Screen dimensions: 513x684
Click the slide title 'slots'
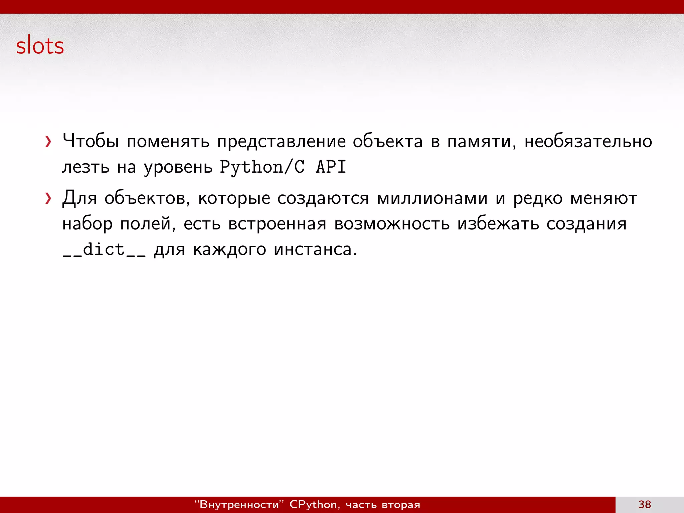pyautogui.click(x=40, y=45)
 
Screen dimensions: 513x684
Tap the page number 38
pyautogui.click(x=645, y=504)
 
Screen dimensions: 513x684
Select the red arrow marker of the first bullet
pyautogui.click(x=48, y=142)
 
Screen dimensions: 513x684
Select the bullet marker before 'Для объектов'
pyautogui.click(x=48, y=198)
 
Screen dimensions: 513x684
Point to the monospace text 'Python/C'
pyautogui.click(x=262, y=167)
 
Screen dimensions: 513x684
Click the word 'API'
pyautogui.click(x=331, y=167)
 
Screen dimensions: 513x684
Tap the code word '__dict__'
pyautogui.click(x=104, y=249)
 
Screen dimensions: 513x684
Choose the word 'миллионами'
pyautogui.click(x=432, y=198)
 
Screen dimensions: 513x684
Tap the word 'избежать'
pyautogui.click(x=498, y=224)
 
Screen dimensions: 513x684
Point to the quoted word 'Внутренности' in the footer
pyautogui.click(x=239, y=504)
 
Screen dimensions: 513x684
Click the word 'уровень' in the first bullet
pyautogui.click(x=178, y=167)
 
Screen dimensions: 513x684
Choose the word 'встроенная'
pyautogui.click(x=277, y=224)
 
